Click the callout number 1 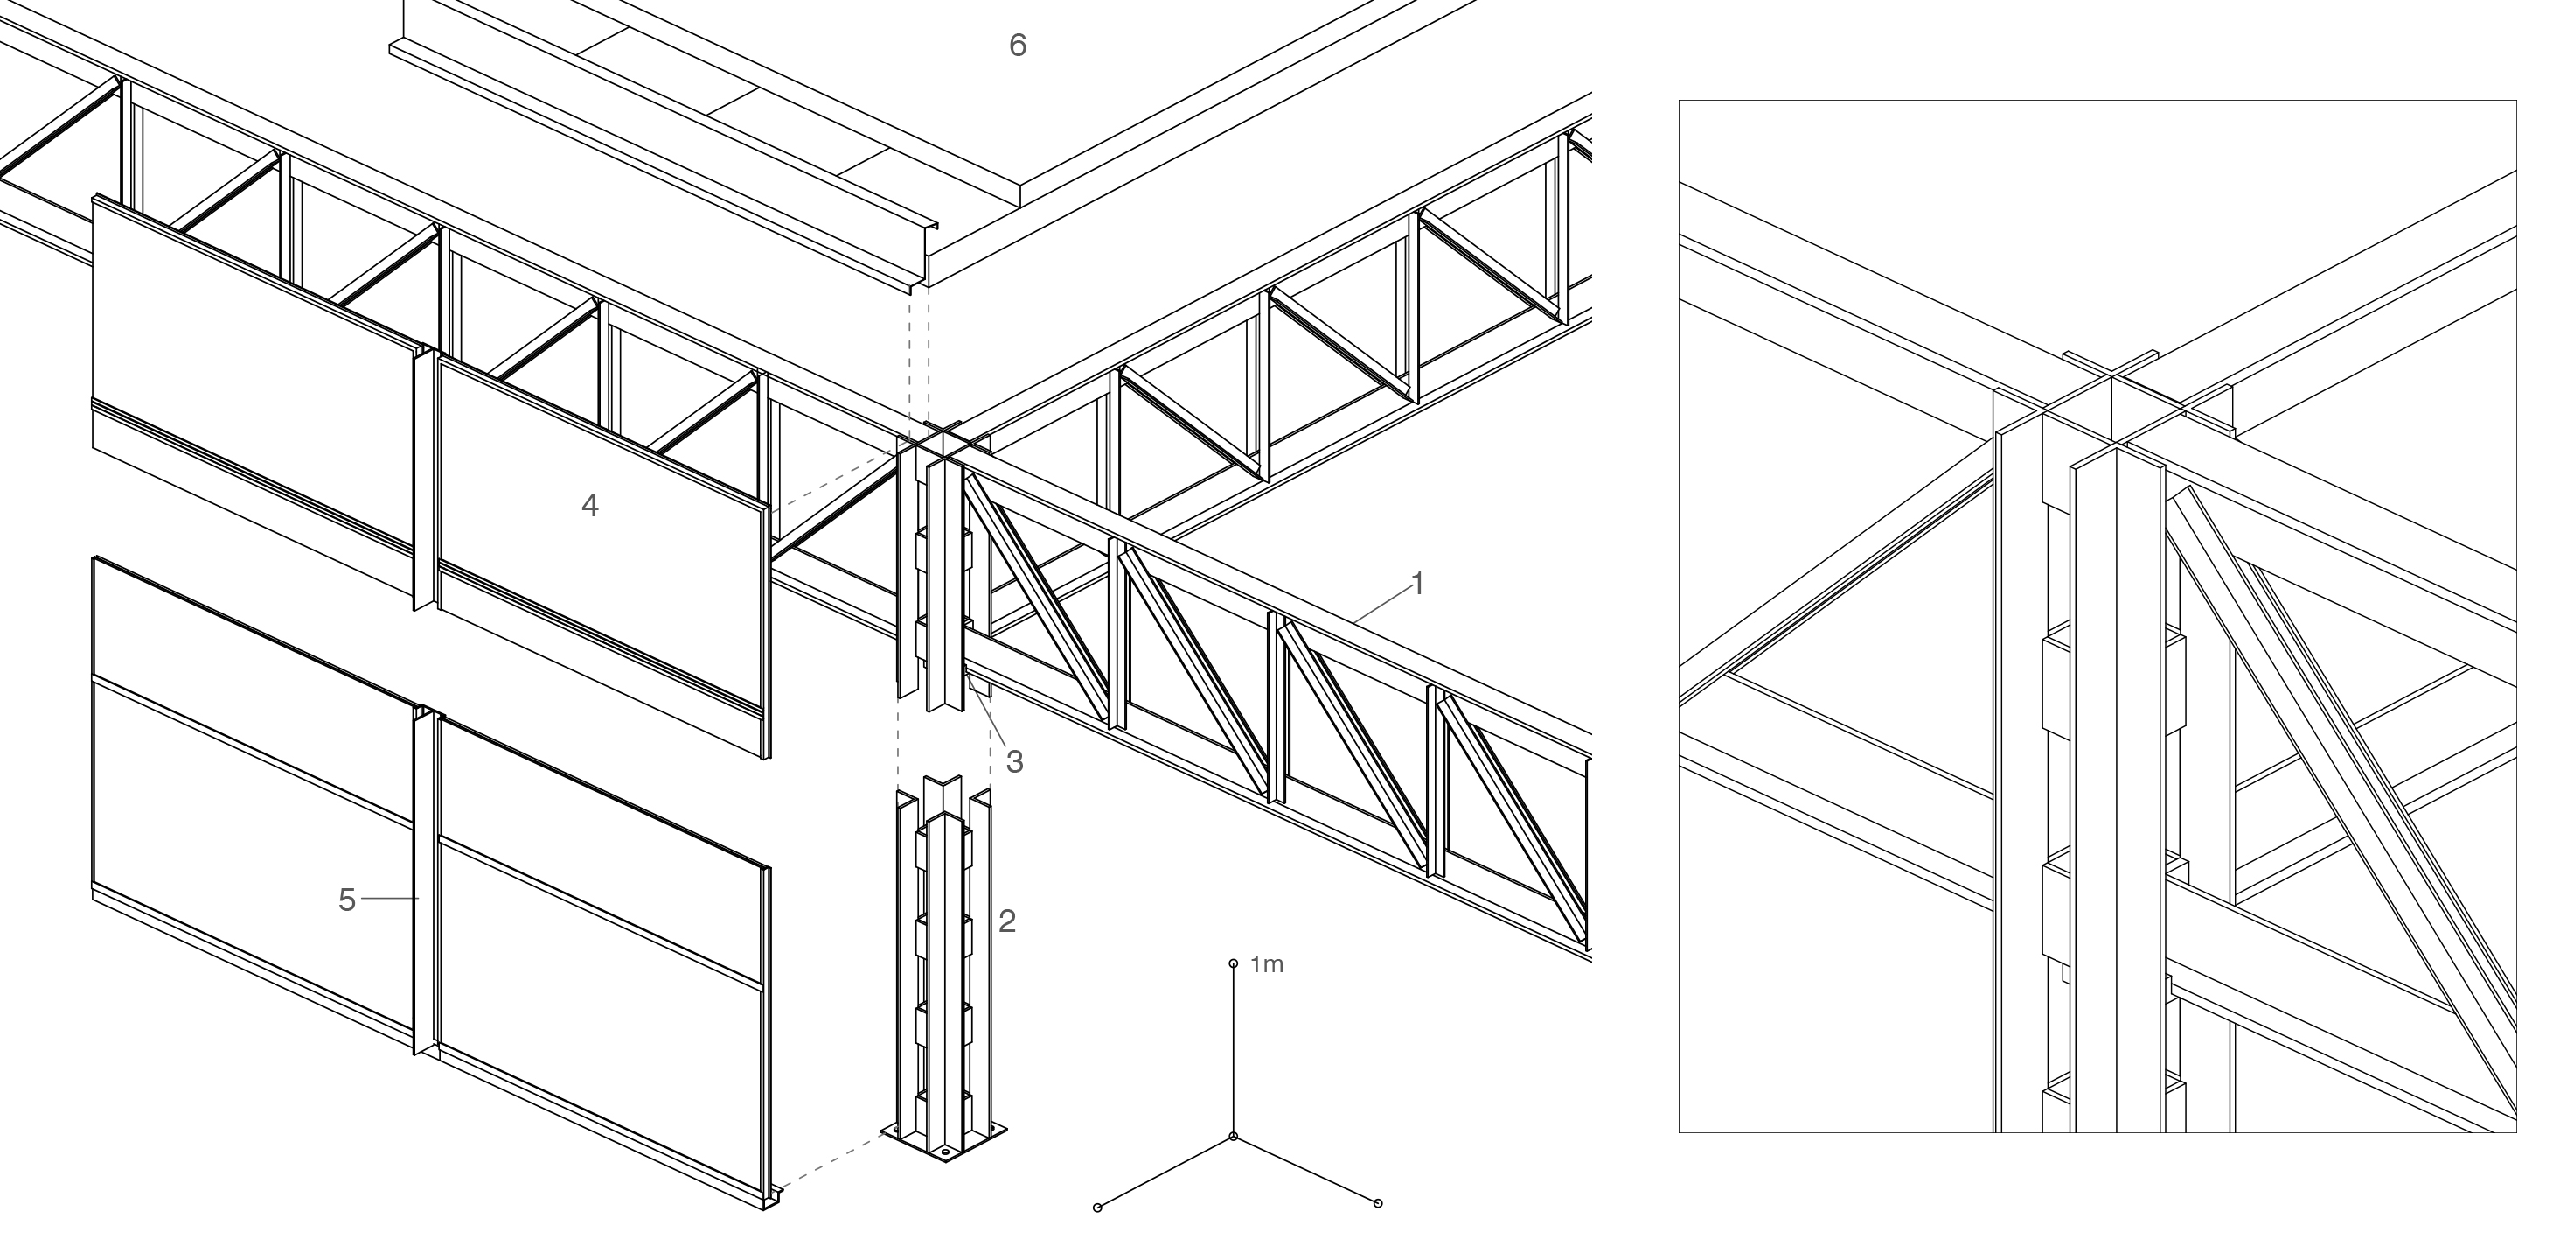[x=1418, y=585]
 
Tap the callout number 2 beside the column [x=1006, y=921]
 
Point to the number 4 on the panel [x=589, y=506]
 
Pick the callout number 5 [x=347, y=900]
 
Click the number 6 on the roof [x=1018, y=45]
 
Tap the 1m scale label [x=1266, y=964]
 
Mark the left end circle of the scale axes [x=1097, y=1207]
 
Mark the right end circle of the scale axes [x=1377, y=1204]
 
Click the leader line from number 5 [x=390, y=899]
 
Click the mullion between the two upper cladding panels [x=424, y=477]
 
